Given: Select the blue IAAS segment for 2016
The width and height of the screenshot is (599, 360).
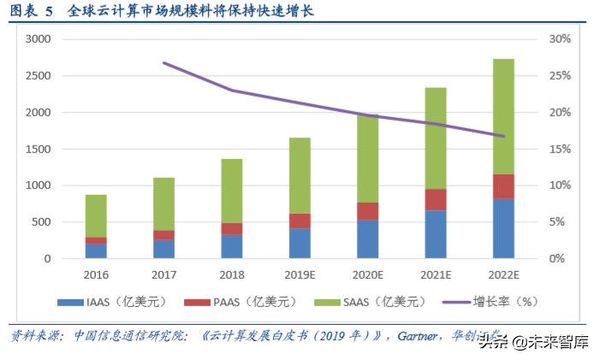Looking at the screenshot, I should [x=96, y=251].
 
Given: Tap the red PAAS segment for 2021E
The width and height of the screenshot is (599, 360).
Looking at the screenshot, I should [x=436, y=199].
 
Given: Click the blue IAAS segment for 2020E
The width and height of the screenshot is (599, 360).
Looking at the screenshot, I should [x=367, y=239].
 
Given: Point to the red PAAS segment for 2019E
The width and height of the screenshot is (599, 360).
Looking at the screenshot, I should [x=299, y=221].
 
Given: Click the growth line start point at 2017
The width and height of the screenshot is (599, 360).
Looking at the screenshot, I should [x=163, y=62].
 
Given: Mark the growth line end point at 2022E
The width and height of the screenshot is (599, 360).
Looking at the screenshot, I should [x=503, y=136].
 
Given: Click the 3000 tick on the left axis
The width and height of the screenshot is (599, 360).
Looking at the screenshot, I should [x=39, y=39].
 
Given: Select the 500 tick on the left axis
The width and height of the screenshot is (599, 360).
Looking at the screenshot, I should [x=41, y=222].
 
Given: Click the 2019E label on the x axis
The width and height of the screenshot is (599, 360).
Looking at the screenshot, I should [x=299, y=276].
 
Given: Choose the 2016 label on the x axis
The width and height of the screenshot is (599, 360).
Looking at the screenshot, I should [x=96, y=276].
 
